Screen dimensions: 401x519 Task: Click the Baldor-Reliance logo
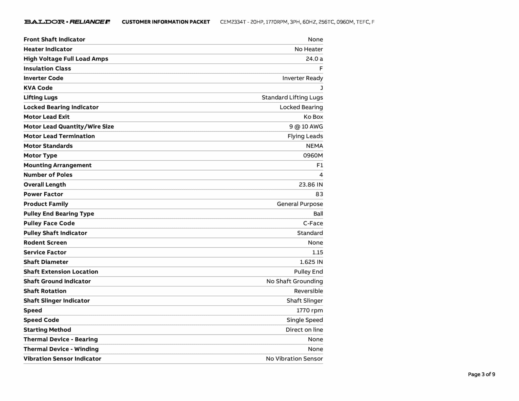[67, 22]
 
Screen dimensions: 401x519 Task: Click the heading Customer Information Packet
[166, 22]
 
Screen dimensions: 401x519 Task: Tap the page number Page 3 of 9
[481, 374]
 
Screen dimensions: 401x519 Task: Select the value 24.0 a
[314, 59]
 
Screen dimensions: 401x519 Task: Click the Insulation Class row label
[47, 68]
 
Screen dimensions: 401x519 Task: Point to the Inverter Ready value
[303, 78]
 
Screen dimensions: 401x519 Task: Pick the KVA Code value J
[321, 88]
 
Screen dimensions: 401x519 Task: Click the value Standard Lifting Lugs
[292, 98]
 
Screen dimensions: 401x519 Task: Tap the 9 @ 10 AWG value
[306, 126]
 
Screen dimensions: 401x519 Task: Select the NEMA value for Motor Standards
[314, 146]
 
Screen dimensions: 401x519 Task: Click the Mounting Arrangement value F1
[320, 165]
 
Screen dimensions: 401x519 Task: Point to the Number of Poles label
[48, 175]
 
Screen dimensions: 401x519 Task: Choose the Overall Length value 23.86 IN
[311, 185]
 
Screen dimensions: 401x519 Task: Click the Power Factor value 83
[319, 194]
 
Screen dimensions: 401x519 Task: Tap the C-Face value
[313, 223]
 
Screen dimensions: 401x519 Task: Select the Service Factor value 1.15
[318, 252]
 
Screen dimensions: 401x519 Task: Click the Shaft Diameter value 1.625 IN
[311, 262]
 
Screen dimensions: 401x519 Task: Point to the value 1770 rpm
[310, 311]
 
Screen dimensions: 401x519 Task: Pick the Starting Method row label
[47, 330]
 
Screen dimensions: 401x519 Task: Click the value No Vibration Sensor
[294, 359]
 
